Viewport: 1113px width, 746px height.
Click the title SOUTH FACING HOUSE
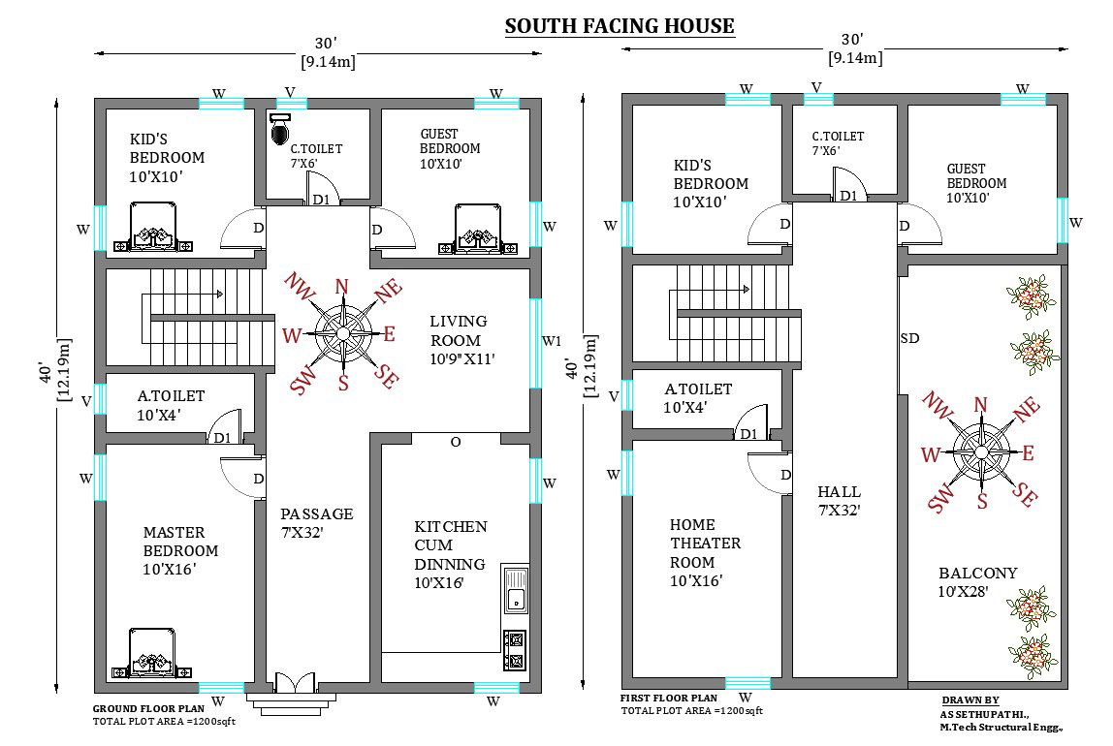pyautogui.click(x=620, y=26)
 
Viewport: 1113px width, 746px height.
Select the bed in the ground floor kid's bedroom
pyautogui.click(x=152, y=228)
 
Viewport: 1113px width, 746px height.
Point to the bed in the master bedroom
pyautogui.click(x=152, y=655)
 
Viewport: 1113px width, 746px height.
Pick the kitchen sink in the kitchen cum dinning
pyautogui.click(x=515, y=590)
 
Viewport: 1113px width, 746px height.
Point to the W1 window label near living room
pyautogui.click(x=551, y=340)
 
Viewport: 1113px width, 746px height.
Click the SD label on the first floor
pyautogui.click(x=909, y=339)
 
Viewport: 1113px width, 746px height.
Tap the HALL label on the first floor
pyautogui.click(x=839, y=492)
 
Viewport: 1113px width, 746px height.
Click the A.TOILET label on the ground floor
pyautogui.click(x=171, y=396)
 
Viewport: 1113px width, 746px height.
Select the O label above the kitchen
pyautogui.click(x=456, y=442)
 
